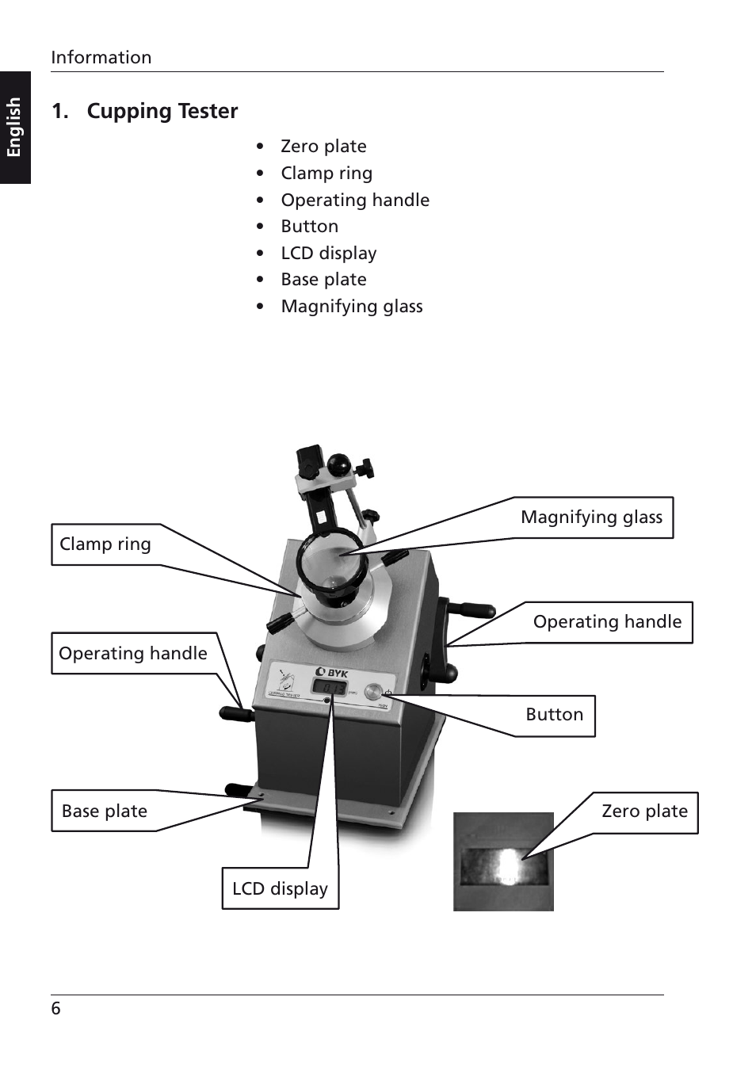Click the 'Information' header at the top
tap(101, 57)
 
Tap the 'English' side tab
tap(14, 127)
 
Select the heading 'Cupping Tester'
tap(162, 111)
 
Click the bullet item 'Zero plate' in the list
tap(323, 147)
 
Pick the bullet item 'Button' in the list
tap(309, 227)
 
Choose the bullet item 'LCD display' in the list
tap(328, 254)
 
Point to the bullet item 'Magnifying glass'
tap(351, 307)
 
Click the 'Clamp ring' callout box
tap(105, 544)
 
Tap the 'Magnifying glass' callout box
tap(591, 517)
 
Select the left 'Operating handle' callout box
tap(133, 654)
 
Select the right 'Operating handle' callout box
tap(607, 622)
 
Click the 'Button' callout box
tap(554, 715)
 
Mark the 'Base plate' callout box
tap(105, 811)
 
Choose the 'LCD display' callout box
tap(280, 889)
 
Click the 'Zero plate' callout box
tap(644, 811)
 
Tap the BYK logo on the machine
tap(332, 673)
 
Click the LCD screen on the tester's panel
tap(330, 688)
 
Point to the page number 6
tap(55, 1009)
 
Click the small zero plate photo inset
tap(503, 862)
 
